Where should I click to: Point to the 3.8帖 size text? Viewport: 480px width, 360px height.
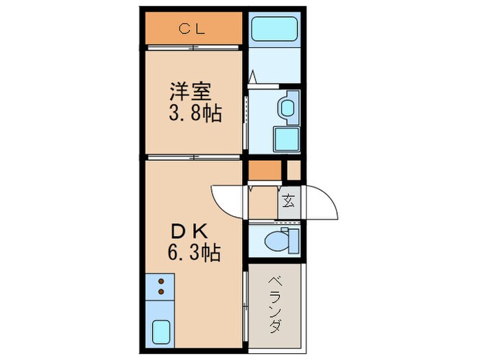[x=194, y=113]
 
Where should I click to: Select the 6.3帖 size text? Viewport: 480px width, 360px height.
[x=194, y=253]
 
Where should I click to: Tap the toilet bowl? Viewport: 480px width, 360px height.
[x=282, y=241]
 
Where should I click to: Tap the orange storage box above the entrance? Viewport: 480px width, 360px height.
[x=265, y=169]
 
